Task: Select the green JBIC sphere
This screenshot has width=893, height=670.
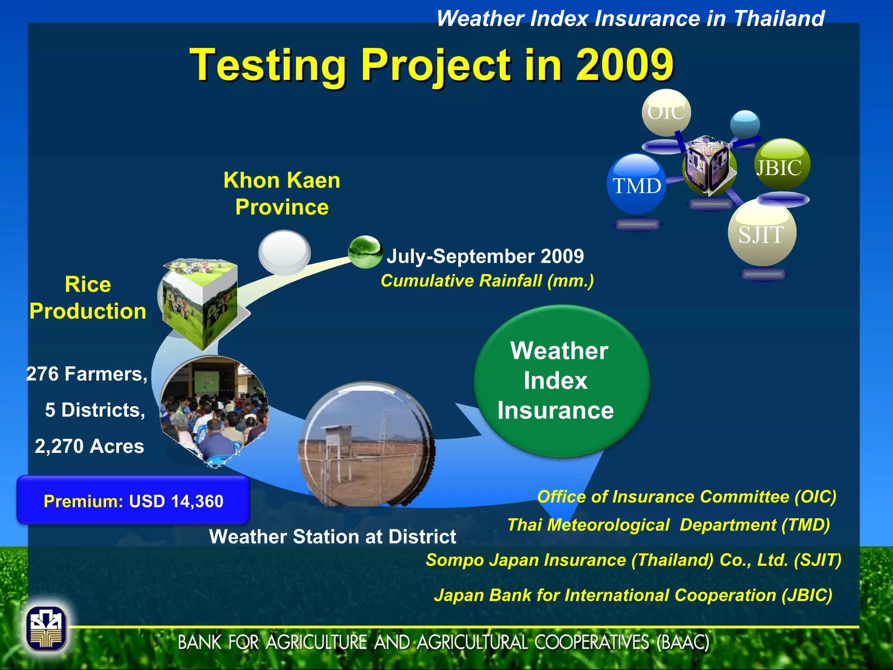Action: point(782,165)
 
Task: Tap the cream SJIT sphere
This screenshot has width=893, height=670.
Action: point(762,233)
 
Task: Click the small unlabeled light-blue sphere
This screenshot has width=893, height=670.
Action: point(745,124)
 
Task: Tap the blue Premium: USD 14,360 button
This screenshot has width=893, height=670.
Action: point(133,500)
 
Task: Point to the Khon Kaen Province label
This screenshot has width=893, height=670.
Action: point(282,193)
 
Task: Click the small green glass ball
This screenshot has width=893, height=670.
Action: point(365,252)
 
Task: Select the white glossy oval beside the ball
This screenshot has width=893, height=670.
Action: point(284,252)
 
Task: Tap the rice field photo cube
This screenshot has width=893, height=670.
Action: point(201,301)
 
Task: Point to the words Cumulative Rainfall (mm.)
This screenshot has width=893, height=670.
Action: point(487,281)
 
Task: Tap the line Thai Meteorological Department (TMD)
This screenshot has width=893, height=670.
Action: point(668,525)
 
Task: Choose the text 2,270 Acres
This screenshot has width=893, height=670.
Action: point(89,446)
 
